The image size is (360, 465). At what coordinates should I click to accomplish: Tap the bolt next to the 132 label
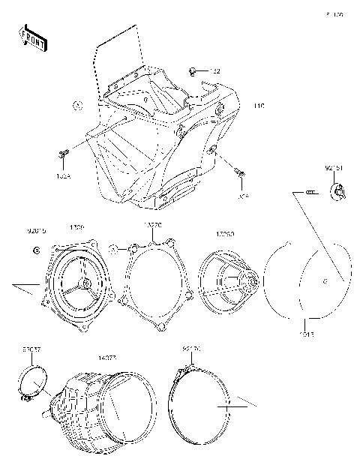[x=195, y=71]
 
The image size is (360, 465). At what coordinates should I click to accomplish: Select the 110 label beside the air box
[x=259, y=106]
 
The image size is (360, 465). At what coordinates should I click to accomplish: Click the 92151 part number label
[x=334, y=169]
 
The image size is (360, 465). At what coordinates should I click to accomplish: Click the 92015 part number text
[x=36, y=232]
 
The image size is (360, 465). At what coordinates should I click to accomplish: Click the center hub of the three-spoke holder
[x=86, y=283]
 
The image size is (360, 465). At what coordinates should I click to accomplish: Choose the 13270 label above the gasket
[x=152, y=225]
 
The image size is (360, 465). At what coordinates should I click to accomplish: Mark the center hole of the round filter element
[x=324, y=282]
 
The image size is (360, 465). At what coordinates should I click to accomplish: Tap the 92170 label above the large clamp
[x=192, y=349]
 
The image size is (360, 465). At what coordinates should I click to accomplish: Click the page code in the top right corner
[x=334, y=14]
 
